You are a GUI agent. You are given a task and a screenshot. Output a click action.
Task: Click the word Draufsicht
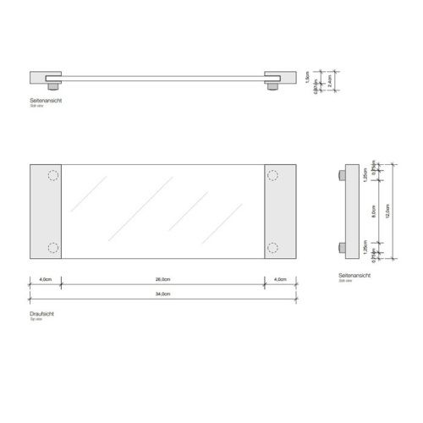[41, 313]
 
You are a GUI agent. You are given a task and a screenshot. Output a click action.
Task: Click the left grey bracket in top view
[45, 211]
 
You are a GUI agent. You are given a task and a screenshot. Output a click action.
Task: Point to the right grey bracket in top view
[280, 211]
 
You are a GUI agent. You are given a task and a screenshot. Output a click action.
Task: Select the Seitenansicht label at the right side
[352, 276]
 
